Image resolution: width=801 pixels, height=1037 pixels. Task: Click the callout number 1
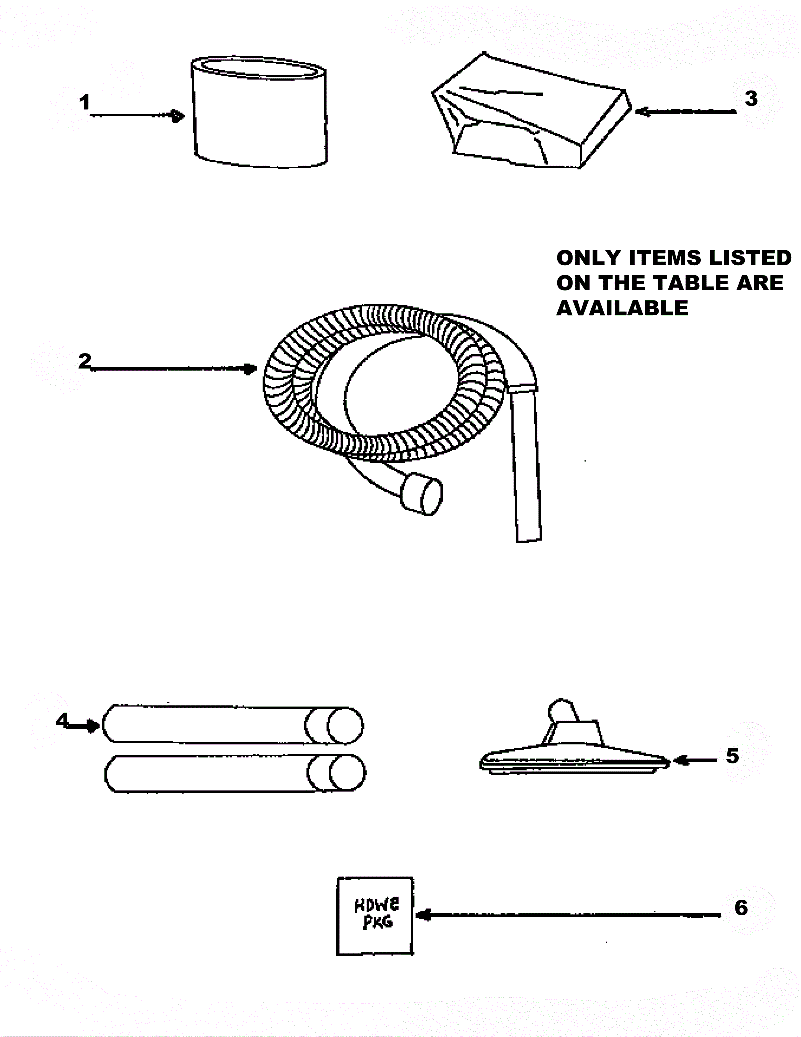pos(84,103)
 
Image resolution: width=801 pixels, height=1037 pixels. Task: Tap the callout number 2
pos(85,361)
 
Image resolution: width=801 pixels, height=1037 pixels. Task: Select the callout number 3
pos(751,99)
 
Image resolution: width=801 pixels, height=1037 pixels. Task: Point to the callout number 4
pos(62,720)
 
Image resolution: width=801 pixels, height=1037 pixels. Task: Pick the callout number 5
pos(732,756)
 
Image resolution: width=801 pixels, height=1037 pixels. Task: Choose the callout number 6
pos(741,907)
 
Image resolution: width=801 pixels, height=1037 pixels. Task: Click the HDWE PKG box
pos(375,916)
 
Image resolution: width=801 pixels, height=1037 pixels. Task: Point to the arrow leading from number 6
pos(568,915)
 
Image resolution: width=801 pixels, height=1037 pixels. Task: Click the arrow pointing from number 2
pos(173,369)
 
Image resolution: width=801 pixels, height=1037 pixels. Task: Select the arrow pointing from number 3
pos(686,112)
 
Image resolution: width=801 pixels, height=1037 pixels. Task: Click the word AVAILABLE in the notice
pos(622,308)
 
